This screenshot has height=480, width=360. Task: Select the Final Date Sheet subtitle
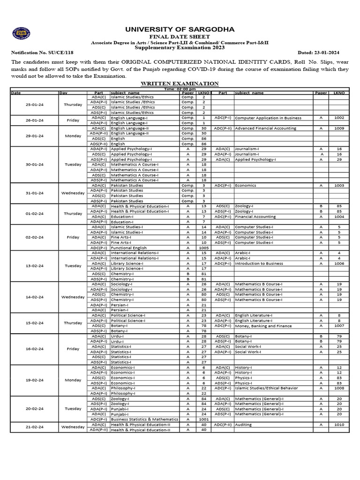tap(180, 37)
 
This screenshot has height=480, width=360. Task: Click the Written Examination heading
tap(180, 83)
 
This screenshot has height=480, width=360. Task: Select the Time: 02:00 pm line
tap(180, 89)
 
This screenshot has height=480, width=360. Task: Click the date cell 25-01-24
tap(34, 105)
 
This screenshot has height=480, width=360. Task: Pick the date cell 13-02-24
tap(34, 266)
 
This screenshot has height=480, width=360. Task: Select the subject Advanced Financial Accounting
tap(265, 128)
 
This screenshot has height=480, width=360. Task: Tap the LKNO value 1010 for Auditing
tap(339, 425)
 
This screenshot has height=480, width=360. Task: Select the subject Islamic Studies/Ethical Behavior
tap(269, 388)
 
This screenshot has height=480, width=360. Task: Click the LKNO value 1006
tap(339, 263)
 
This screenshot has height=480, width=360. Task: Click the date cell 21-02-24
tap(34, 427)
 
